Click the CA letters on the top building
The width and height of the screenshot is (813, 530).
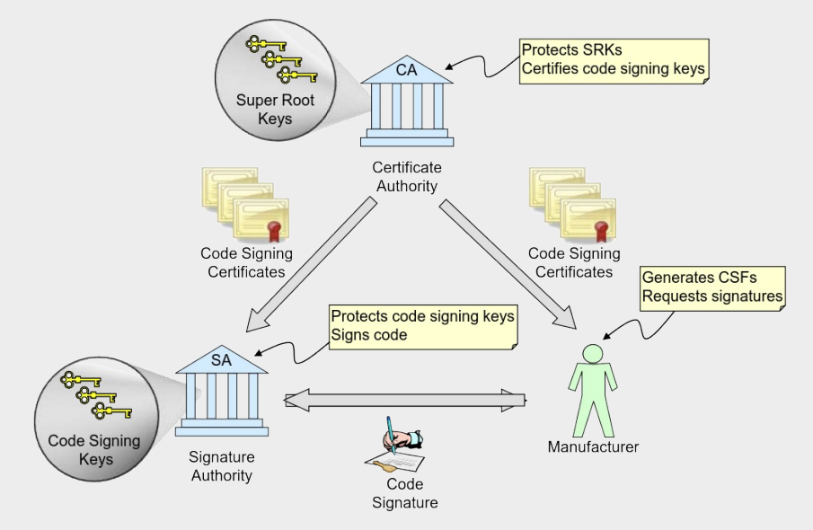pyautogui.click(x=406, y=69)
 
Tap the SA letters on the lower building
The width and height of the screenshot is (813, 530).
pyautogui.click(x=221, y=360)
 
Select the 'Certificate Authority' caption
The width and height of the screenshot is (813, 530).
pyautogui.click(x=407, y=177)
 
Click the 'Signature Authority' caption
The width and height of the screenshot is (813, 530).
pyautogui.click(x=222, y=466)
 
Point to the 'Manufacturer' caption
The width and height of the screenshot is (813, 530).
pyautogui.click(x=593, y=447)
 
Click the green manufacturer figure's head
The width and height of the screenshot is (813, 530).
pyautogui.click(x=593, y=355)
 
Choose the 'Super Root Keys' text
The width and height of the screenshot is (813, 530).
pyautogui.click(x=275, y=109)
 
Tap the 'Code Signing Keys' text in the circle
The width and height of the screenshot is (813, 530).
pyautogui.click(x=95, y=450)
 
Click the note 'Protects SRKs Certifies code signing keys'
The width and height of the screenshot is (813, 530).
pyautogui.click(x=614, y=61)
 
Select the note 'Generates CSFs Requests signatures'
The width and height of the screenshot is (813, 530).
pyautogui.click(x=712, y=288)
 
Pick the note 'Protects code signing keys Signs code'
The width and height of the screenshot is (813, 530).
pyautogui.click(x=423, y=327)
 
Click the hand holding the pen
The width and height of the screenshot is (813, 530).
pyautogui.click(x=402, y=437)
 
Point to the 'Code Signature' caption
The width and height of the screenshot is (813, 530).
pyautogui.click(x=405, y=493)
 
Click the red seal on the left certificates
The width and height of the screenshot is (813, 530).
pyautogui.click(x=273, y=231)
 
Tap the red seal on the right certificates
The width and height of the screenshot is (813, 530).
pyautogui.click(x=601, y=231)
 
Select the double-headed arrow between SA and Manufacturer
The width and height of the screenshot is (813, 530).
pyautogui.click(x=404, y=401)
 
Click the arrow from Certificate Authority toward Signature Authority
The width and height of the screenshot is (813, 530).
pyautogui.click(x=311, y=264)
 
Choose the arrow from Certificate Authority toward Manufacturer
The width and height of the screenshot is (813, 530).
pyautogui.click(x=508, y=264)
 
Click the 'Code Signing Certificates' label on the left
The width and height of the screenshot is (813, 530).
pyautogui.click(x=247, y=262)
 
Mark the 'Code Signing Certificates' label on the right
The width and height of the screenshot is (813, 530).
pyautogui.click(x=574, y=262)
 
